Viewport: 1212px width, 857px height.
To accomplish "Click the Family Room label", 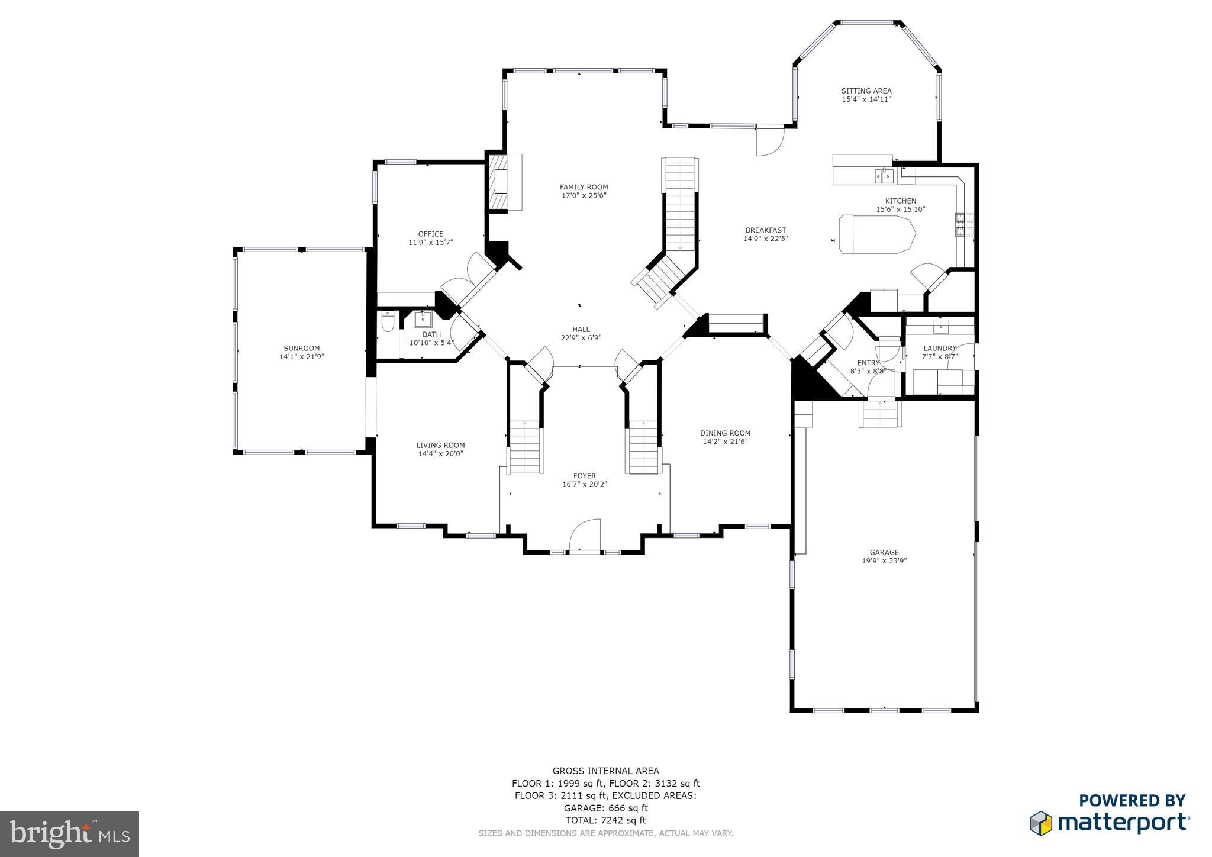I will tap(584, 187).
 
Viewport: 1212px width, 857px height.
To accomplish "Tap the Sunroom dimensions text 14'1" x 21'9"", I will tap(302, 357).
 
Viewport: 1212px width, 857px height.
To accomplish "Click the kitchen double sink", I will tap(884, 175).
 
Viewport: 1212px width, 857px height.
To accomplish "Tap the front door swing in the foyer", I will tap(585, 536).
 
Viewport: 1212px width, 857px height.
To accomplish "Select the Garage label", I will tap(884, 552).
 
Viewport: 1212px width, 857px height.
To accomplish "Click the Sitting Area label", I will tap(866, 91).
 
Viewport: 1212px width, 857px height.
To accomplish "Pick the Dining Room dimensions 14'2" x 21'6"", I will tap(725, 442).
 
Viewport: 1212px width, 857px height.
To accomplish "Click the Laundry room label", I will tap(939, 348).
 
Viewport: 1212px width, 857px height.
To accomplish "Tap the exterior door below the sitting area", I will tap(769, 141).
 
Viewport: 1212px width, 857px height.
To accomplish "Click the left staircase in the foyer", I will tap(525, 447).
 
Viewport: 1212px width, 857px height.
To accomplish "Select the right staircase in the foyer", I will tap(643, 447).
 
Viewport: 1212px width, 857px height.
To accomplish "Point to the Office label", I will tap(430, 234).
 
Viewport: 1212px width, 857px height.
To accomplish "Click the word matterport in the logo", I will tap(1123, 823).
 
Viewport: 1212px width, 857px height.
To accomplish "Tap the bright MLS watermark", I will tap(70, 834).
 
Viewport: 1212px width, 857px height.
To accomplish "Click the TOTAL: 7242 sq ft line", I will tap(605, 820).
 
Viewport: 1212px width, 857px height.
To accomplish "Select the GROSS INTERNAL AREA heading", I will tap(605, 771).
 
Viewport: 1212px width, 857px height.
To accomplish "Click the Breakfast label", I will tap(765, 230).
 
